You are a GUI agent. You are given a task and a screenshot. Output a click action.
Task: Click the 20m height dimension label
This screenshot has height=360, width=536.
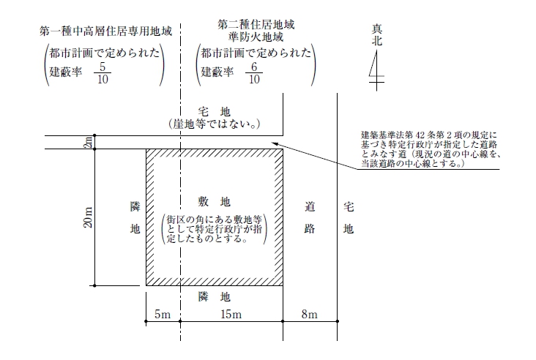[x=88, y=217]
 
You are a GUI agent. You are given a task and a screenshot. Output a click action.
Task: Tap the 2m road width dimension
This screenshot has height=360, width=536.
[x=88, y=142]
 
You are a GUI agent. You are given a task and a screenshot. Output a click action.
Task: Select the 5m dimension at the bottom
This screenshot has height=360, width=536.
[x=163, y=314]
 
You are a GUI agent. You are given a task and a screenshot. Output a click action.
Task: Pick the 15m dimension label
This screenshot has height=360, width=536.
[x=231, y=314]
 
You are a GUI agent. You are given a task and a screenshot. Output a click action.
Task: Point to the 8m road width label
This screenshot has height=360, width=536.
[x=309, y=314]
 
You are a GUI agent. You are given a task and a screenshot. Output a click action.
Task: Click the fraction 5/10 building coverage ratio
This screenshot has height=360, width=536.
[x=103, y=72]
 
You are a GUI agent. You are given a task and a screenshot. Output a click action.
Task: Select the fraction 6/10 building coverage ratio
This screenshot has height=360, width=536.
[x=254, y=72]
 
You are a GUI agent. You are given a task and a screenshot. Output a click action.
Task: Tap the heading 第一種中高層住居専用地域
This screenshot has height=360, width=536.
[x=105, y=31]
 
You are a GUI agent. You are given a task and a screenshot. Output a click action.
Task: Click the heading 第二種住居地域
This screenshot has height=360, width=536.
[x=256, y=25]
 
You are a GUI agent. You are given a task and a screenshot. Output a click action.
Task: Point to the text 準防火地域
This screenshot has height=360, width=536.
[x=256, y=37]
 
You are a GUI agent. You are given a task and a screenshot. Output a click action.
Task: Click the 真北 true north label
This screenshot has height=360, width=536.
[x=376, y=35]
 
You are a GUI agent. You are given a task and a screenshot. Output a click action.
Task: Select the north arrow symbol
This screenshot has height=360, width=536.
[x=376, y=70]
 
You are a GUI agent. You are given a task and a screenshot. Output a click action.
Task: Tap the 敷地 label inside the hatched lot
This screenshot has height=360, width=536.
[x=215, y=201]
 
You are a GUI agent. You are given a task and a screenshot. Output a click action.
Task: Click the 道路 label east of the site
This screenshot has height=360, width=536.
[x=310, y=217]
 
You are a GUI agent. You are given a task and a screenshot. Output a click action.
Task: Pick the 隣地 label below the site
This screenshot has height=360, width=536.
[x=215, y=296]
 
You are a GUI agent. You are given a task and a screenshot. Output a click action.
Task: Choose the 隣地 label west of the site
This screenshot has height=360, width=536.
[x=135, y=217]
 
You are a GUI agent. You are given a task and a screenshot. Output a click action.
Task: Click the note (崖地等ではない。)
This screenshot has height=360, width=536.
[x=215, y=124]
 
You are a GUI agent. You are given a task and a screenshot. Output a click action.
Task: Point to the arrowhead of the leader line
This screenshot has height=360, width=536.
[x=272, y=143]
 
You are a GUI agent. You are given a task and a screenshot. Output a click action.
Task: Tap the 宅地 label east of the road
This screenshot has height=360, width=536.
[x=349, y=217]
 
